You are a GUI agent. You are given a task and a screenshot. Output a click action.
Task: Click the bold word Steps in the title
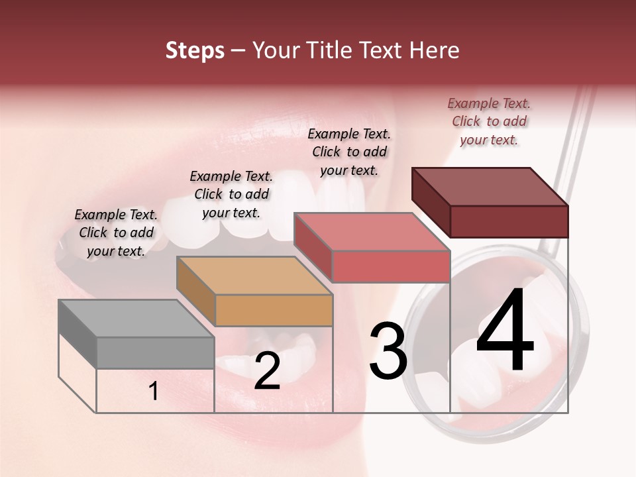(x=195, y=50)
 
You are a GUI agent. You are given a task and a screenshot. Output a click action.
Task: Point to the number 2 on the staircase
(x=267, y=371)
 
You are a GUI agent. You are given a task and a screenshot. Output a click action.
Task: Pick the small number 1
(x=154, y=391)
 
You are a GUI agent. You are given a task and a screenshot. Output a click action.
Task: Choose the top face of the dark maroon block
(x=490, y=187)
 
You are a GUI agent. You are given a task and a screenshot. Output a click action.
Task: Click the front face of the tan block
(x=274, y=310)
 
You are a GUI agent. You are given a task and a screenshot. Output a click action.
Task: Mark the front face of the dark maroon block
(x=509, y=221)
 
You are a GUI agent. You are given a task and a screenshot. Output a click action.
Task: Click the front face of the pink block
(x=391, y=266)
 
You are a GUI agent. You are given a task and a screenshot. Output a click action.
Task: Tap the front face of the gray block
(x=155, y=352)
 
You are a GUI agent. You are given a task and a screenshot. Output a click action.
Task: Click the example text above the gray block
(x=116, y=233)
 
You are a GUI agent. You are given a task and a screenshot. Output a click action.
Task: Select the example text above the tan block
(x=231, y=194)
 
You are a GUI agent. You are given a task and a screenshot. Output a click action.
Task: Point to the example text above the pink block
(x=349, y=152)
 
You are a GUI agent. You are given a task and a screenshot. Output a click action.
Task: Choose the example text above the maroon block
(x=489, y=121)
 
